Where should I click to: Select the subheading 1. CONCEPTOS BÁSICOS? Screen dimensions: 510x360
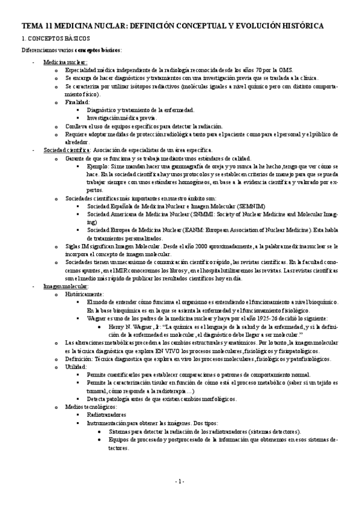coord(52,38)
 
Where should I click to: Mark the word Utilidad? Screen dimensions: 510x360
coord(76,366)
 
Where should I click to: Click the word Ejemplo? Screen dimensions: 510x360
coord(99,165)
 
